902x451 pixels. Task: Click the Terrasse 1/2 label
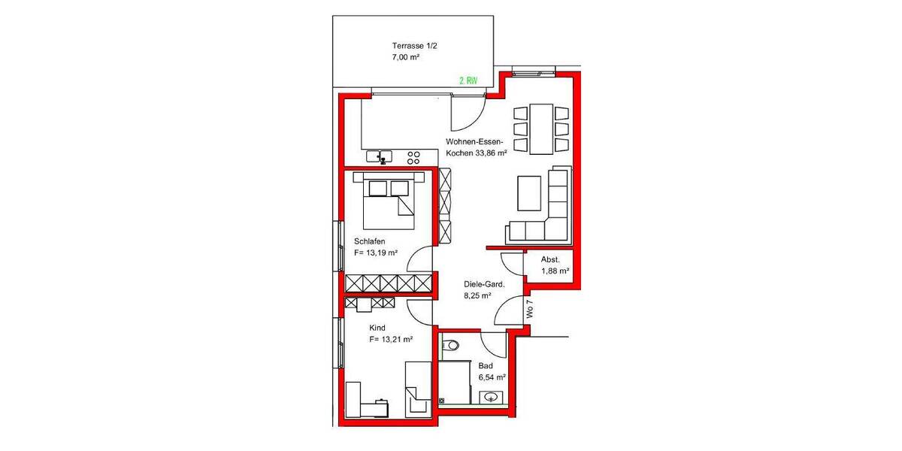(414, 45)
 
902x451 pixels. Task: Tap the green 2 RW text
(468, 80)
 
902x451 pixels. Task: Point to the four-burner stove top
(413, 157)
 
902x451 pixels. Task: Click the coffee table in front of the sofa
(529, 192)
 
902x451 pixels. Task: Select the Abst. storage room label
(550, 259)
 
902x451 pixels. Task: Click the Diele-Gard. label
(483, 285)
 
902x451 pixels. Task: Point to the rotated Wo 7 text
(530, 310)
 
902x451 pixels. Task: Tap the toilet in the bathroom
(449, 345)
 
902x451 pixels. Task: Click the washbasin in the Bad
(492, 397)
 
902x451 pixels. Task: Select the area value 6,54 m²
(492, 377)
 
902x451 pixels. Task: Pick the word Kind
(377, 328)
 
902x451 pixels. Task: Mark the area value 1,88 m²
(555, 271)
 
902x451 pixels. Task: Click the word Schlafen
(370, 241)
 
